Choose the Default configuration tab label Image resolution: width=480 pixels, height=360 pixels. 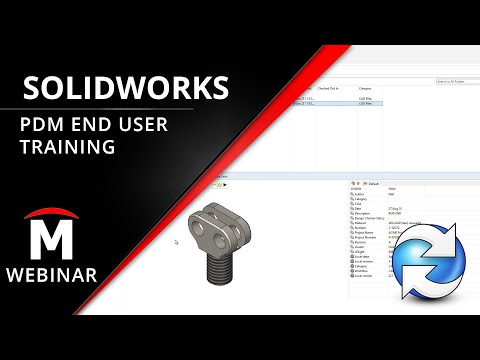(x=375, y=184)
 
